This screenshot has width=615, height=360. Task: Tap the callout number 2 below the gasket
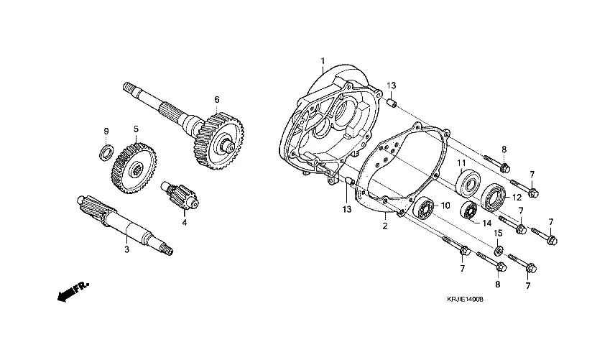[x=385, y=226]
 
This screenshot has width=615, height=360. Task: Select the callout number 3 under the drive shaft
[x=126, y=249]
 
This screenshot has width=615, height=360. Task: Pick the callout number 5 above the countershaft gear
[x=135, y=129]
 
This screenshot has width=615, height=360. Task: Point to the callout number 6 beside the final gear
[x=216, y=99]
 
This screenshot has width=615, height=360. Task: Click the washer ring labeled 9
[x=104, y=153]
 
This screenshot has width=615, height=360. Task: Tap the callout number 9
[x=106, y=131]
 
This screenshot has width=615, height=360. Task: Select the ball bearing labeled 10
[x=425, y=210]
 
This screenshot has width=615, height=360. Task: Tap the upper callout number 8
[x=504, y=149]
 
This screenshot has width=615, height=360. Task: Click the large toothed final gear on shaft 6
[x=219, y=139]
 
